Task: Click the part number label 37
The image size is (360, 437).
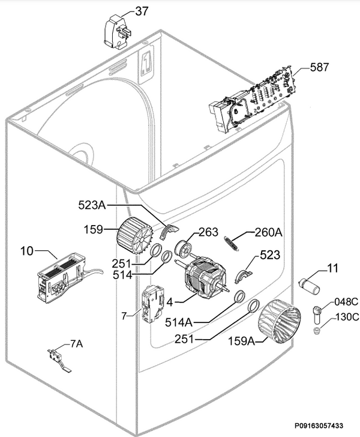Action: tap(142, 11)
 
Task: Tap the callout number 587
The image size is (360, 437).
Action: tap(319, 67)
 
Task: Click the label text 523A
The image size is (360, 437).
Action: tap(92, 205)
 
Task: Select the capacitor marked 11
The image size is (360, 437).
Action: tap(309, 285)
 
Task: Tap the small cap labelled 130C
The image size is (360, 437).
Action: tap(317, 331)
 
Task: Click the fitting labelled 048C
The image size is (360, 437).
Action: tap(317, 315)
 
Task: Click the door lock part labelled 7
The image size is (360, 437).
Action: tap(154, 304)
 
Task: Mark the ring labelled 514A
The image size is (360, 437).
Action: tap(239, 296)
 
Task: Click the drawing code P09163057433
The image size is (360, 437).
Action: tap(319, 425)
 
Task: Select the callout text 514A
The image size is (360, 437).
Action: tap(179, 322)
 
